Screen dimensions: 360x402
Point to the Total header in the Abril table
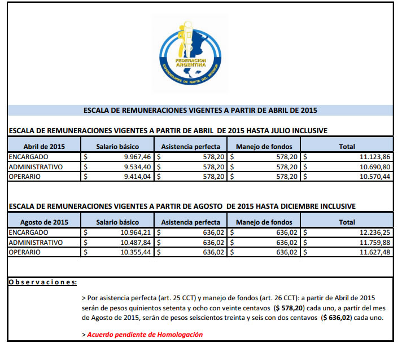click(x=347, y=146)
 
